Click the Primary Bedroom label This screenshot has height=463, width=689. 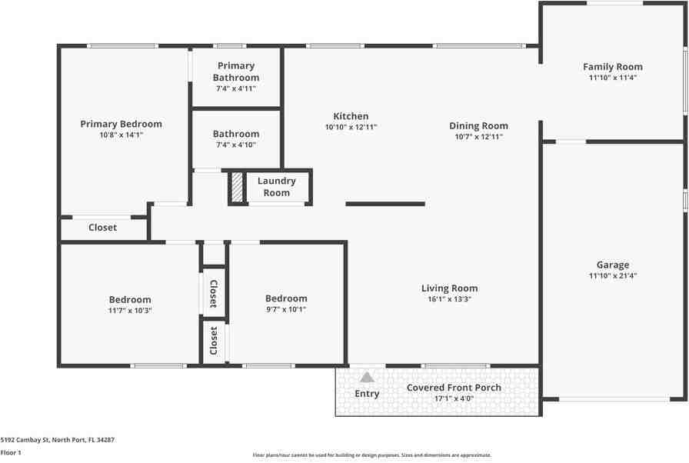(121, 124)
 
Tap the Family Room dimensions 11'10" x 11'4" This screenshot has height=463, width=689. (613, 78)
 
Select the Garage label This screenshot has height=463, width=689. (613, 265)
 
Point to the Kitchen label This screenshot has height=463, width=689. (351, 116)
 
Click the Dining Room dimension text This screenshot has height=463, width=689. (478, 137)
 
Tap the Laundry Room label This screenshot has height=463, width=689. (276, 187)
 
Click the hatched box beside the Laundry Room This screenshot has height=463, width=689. (238, 187)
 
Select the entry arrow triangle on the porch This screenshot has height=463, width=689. (368, 377)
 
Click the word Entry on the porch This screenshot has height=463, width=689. (367, 394)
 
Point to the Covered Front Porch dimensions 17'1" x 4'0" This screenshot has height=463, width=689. (454, 399)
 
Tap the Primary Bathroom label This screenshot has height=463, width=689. (236, 72)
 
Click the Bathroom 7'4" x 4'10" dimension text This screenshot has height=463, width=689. (236, 145)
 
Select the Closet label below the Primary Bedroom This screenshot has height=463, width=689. (103, 228)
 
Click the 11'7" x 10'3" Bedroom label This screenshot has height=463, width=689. (130, 300)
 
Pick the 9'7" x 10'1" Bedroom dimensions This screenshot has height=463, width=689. (286, 310)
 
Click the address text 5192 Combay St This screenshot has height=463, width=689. (58, 440)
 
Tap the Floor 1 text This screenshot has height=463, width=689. (11, 453)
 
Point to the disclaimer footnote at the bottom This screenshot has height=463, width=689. (371, 455)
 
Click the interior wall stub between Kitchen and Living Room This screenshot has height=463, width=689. (385, 204)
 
